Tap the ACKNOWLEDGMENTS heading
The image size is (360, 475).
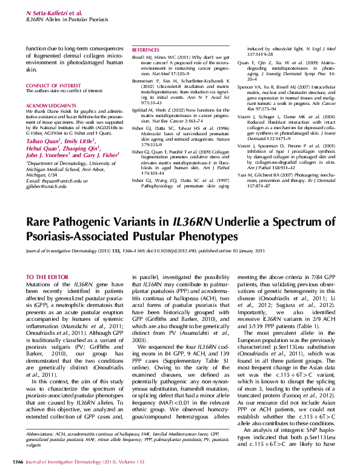(x=47, y=105)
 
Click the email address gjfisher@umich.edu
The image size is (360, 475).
(x=50, y=187)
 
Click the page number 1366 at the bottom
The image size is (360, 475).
(x=18, y=463)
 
